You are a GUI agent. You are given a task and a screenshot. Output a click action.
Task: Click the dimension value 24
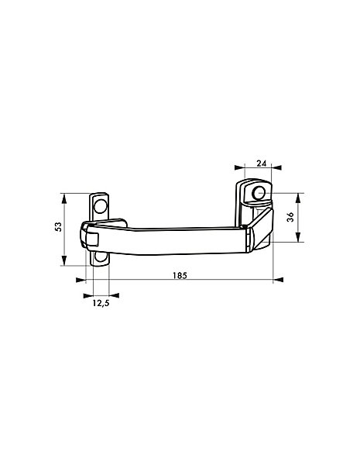(x=262, y=163)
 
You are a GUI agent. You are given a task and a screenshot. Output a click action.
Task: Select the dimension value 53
(x=59, y=226)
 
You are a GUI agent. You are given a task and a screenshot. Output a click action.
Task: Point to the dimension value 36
(x=290, y=217)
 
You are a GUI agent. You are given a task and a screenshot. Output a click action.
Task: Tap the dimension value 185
(x=180, y=275)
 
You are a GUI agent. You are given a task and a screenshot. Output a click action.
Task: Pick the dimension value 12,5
(x=101, y=303)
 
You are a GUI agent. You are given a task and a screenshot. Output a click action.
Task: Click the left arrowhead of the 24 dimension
(x=238, y=168)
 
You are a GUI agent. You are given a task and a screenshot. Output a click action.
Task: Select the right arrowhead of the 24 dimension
(x=277, y=168)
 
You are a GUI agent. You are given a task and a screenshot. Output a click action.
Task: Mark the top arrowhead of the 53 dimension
(x=64, y=198)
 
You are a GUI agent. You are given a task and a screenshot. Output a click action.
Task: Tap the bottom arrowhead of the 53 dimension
(x=64, y=260)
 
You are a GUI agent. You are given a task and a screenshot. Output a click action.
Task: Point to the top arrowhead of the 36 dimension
(x=298, y=198)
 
